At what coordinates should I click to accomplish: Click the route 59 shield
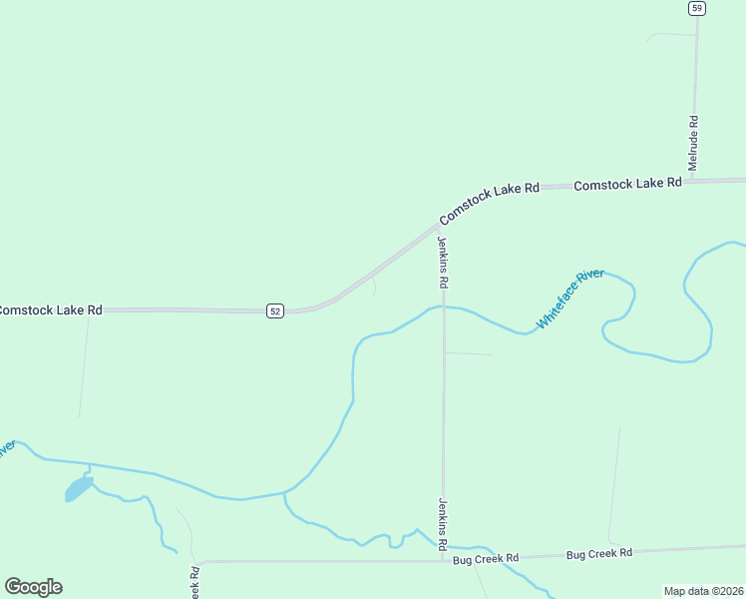pyautogui.click(x=696, y=8)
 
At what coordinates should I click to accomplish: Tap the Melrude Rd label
pyautogui.click(x=693, y=143)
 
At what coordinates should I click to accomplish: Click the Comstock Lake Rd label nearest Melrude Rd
pyautogui.click(x=628, y=184)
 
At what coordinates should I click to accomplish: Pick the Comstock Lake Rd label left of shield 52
pyautogui.click(x=50, y=310)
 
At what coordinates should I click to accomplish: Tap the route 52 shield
pyautogui.click(x=275, y=311)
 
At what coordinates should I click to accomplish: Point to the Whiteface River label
pyautogui.click(x=570, y=298)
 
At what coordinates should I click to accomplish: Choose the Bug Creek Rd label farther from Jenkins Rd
pyautogui.click(x=599, y=553)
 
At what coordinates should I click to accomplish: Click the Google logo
pyautogui.click(x=33, y=587)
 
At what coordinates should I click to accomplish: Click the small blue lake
pyautogui.click(x=78, y=489)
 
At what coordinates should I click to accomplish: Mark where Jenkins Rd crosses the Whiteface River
pyautogui.click(x=444, y=306)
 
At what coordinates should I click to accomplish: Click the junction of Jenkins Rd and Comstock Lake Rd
pyautogui.click(x=440, y=227)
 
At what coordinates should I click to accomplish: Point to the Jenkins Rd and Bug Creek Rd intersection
pyautogui.click(x=444, y=559)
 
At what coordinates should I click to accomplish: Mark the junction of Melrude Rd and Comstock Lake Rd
pyautogui.click(x=695, y=182)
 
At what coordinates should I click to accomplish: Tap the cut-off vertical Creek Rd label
pyautogui.click(x=194, y=583)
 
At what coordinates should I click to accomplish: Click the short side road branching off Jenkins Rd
pyautogui.click(x=469, y=353)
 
